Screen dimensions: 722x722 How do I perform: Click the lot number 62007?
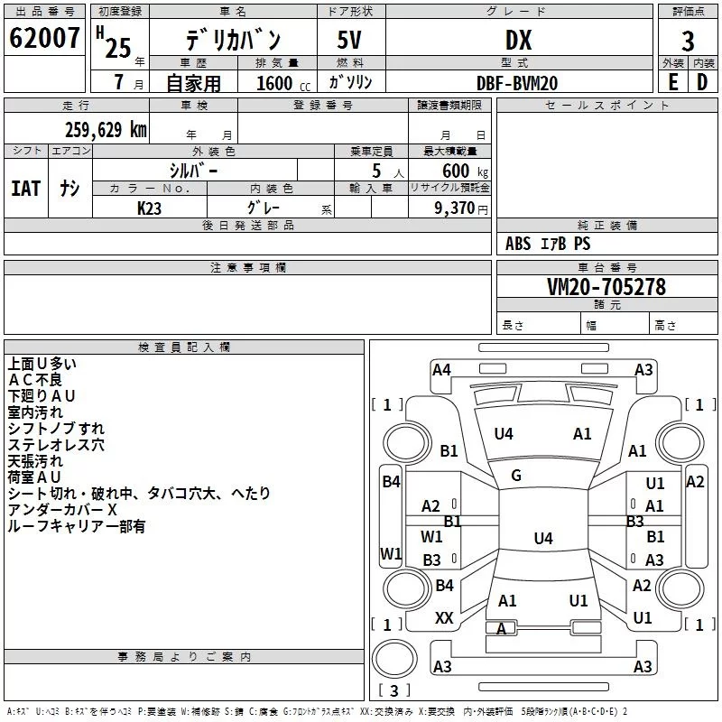click(44, 38)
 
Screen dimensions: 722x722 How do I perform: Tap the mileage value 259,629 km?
click(106, 130)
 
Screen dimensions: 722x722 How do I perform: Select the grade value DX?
click(518, 40)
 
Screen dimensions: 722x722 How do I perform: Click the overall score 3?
click(688, 42)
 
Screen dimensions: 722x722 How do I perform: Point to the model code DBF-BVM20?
click(517, 83)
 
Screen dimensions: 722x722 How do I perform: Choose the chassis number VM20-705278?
click(606, 287)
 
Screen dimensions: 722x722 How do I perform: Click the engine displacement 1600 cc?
click(283, 83)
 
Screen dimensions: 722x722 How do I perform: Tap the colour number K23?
click(149, 208)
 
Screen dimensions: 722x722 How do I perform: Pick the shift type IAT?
click(26, 189)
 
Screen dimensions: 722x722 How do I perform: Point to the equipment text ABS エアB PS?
click(548, 243)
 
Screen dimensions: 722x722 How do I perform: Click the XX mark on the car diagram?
click(444, 618)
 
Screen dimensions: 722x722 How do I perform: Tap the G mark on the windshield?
click(516, 476)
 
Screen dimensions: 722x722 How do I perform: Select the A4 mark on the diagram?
click(441, 370)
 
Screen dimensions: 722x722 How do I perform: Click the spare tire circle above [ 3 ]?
click(394, 659)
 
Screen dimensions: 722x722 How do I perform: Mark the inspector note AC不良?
click(35, 380)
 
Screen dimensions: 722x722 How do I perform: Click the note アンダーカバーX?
click(62, 510)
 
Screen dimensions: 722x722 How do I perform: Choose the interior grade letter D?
click(702, 82)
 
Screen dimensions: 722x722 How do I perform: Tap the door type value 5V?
click(349, 40)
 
